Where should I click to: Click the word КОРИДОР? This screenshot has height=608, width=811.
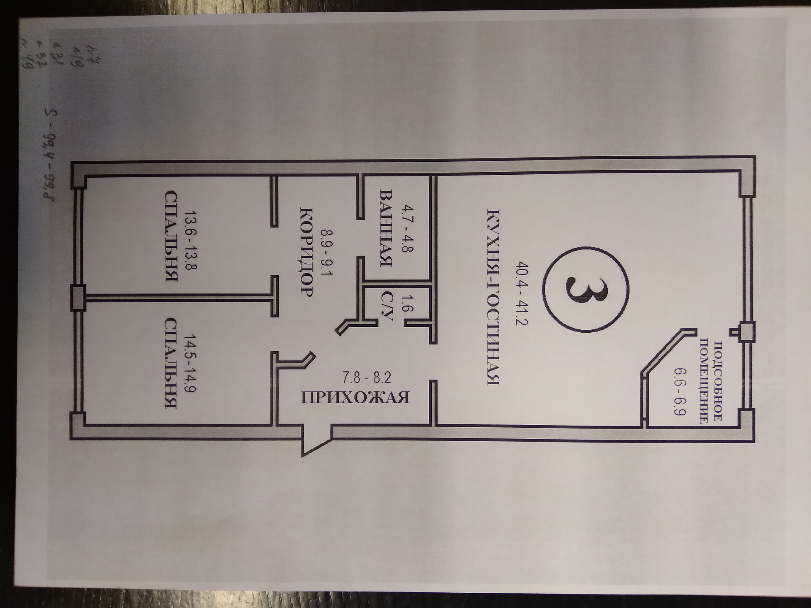(x=305, y=252)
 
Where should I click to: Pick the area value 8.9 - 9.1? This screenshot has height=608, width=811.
(x=327, y=252)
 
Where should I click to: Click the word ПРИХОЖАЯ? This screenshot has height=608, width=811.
(x=355, y=398)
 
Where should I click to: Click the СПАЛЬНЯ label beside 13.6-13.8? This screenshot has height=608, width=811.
(x=170, y=236)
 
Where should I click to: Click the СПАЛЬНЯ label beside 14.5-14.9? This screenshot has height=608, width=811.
(x=170, y=364)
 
